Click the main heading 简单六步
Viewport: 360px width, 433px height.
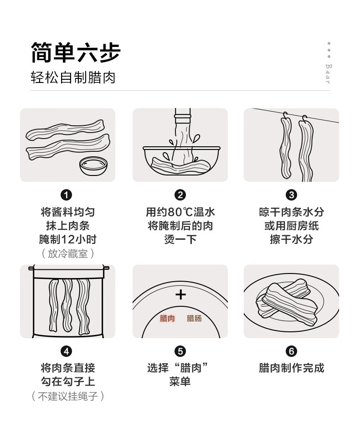pyautogui.click(x=75, y=52)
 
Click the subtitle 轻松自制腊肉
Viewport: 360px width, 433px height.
pyautogui.click(x=72, y=77)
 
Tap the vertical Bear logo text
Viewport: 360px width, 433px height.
pyautogui.click(x=329, y=74)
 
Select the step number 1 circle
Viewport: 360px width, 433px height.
pyautogui.click(x=66, y=195)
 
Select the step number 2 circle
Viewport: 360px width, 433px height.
pyautogui.click(x=180, y=195)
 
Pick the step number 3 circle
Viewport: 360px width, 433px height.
pyautogui.click(x=291, y=195)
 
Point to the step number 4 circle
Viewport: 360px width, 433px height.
pyautogui.click(x=66, y=351)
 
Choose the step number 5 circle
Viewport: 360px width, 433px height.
pyautogui.click(x=180, y=351)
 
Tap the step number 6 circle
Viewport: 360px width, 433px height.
pyautogui.click(x=291, y=351)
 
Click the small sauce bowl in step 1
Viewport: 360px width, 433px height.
pyautogui.click(x=93, y=166)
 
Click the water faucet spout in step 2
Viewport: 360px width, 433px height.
pyautogui.click(x=183, y=115)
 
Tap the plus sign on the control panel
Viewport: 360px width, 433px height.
pyautogui.click(x=180, y=294)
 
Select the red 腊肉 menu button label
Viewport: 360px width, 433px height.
pyautogui.click(x=167, y=319)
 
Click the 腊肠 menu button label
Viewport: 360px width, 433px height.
pyautogui.click(x=194, y=319)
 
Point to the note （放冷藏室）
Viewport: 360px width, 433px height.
pyautogui.click(x=67, y=253)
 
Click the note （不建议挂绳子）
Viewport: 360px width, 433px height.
pyautogui.click(x=67, y=396)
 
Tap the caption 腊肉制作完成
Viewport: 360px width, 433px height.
pyautogui.click(x=291, y=368)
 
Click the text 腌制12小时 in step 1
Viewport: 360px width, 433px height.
pyautogui.click(x=67, y=239)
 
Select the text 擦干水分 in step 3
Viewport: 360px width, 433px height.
pyautogui.click(x=291, y=239)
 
